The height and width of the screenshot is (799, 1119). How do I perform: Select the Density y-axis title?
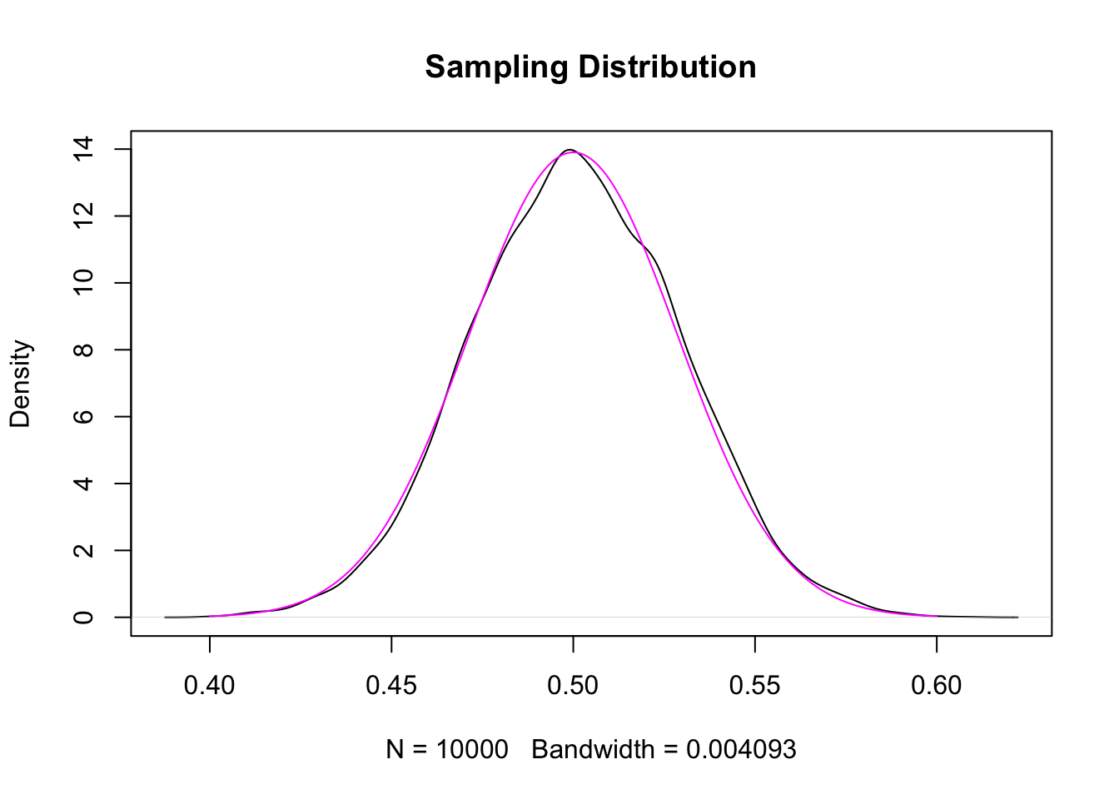click(x=20, y=384)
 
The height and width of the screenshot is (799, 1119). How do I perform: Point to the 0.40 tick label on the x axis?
click(x=210, y=686)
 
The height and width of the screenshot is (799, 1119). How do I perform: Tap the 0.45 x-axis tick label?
click(x=391, y=686)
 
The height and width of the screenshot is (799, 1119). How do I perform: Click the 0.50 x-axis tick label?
click(x=573, y=686)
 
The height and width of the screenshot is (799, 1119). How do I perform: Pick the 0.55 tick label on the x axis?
click(x=754, y=686)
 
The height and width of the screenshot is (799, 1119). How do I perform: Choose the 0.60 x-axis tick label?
click(x=937, y=686)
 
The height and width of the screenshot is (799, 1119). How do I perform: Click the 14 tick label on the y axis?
click(x=83, y=150)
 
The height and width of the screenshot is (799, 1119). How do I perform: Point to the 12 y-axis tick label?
click(x=83, y=216)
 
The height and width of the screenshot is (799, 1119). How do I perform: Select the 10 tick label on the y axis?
click(x=83, y=283)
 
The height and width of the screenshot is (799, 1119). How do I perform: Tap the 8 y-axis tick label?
click(x=83, y=350)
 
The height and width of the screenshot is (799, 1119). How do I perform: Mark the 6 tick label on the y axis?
click(x=83, y=416)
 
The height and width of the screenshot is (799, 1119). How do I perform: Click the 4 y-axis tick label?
click(x=83, y=484)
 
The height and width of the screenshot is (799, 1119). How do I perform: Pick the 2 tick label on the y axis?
click(x=83, y=550)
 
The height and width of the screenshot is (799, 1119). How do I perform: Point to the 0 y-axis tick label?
click(x=83, y=617)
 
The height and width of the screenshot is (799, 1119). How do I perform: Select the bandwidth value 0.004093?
click(x=741, y=750)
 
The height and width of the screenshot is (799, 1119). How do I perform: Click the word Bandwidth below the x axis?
click(x=593, y=750)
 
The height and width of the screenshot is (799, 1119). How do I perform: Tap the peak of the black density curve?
click(x=570, y=150)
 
